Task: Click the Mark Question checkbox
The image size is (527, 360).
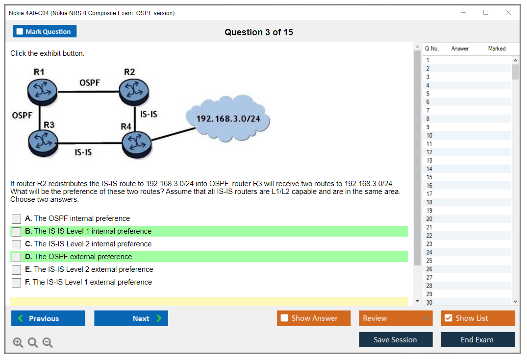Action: pyautogui.click(x=20, y=32)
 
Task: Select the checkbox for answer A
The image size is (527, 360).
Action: pyautogui.click(x=17, y=219)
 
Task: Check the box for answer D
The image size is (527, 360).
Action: pyautogui.click(x=17, y=257)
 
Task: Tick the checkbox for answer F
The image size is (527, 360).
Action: pyautogui.click(x=17, y=283)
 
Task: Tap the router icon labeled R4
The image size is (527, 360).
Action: pyautogui.click(x=136, y=144)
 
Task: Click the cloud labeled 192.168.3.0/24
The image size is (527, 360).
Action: pyautogui.click(x=228, y=118)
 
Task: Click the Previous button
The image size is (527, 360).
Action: pyautogui.click(x=48, y=318)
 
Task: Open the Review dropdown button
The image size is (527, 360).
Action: pyautogui.click(x=396, y=318)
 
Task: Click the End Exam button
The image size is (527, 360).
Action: pyautogui.click(x=477, y=339)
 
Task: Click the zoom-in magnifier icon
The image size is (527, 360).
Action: pyautogui.click(x=18, y=343)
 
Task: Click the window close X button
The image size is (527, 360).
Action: pyautogui.click(x=508, y=13)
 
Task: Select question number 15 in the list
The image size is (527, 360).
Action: pyautogui.click(x=429, y=177)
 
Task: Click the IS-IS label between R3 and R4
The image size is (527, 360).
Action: pyautogui.click(x=83, y=152)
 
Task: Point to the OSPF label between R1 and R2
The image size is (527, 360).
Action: pyautogui.click(x=89, y=82)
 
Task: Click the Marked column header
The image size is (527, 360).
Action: pyautogui.click(x=497, y=48)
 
